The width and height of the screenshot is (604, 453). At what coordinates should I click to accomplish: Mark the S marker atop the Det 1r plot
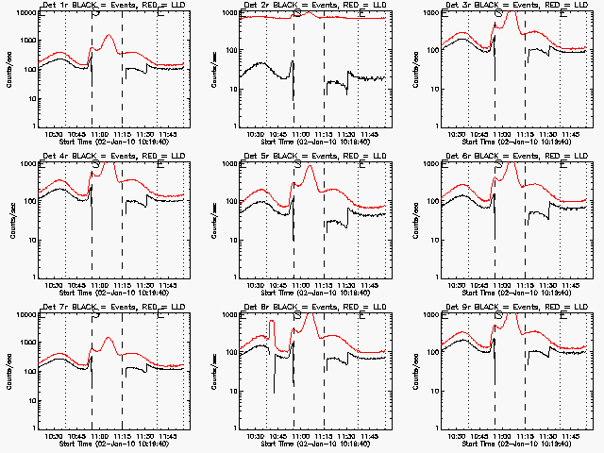95,13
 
